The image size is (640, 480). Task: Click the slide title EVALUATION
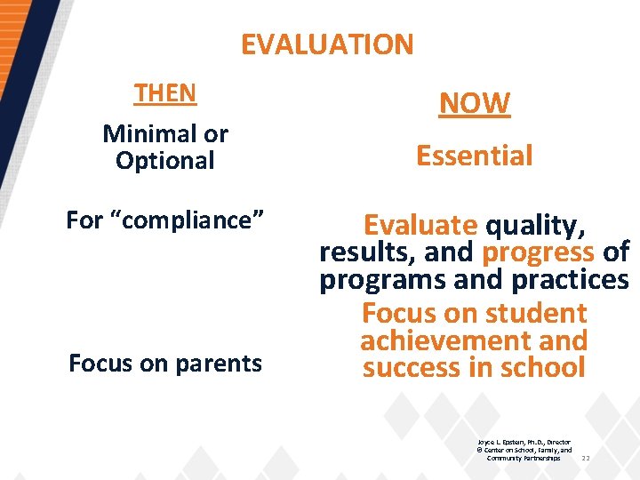click(327, 44)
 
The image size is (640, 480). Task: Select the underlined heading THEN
click(165, 92)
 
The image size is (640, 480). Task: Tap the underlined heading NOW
click(475, 103)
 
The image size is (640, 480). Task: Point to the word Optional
click(165, 161)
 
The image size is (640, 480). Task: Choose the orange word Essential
click(475, 156)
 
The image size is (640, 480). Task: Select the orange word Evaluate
click(420, 226)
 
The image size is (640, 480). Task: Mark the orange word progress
click(538, 252)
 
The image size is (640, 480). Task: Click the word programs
click(383, 280)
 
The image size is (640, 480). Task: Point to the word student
click(532, 313)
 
